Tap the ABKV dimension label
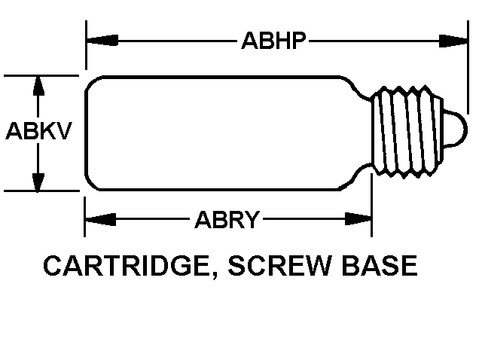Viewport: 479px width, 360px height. [x=38, y=133]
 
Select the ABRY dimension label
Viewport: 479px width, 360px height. [x=227, y=221]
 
